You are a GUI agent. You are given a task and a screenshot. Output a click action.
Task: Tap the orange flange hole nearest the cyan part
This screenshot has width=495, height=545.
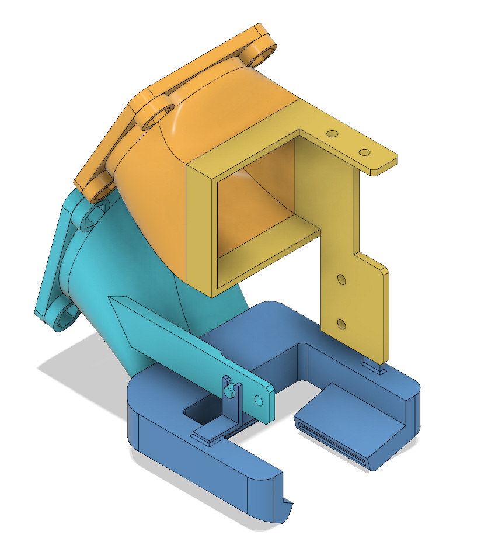pos(97,187)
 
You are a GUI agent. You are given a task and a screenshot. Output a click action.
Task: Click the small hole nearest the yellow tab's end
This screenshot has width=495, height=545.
pos(364,152)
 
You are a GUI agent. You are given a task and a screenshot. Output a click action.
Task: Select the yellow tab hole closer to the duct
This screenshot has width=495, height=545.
pos(333,134)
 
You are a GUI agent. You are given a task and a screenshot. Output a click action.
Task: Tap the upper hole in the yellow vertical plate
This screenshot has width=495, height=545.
pos(342,280)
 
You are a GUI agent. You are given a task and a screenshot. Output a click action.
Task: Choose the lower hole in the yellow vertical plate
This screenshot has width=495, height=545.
pos(342,323)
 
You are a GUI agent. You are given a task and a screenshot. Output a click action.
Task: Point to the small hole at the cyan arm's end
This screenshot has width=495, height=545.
pos(259,400)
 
